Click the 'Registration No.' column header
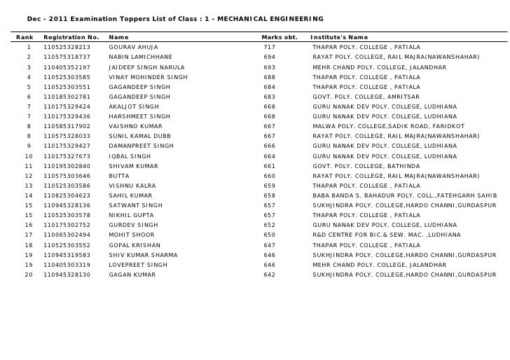(71, 37)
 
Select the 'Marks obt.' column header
(280, 37)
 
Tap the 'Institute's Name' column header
(339, 37)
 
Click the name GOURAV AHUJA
(134, 47)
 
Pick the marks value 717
(269, 47)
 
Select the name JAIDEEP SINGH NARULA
(146, 67)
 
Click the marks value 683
(269, 97)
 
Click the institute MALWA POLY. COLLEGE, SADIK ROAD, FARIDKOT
(387, 127)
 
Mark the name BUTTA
(119, 176)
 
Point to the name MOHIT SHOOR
(132, 235)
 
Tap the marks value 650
(269, 235)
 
